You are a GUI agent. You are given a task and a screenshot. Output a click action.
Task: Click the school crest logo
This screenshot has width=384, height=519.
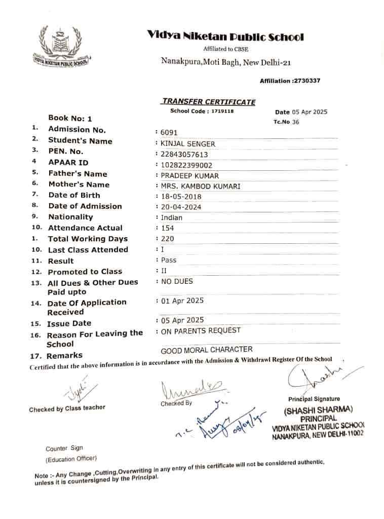pos(60,47)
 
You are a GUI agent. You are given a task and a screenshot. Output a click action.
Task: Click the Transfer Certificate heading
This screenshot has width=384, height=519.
pos(209,101)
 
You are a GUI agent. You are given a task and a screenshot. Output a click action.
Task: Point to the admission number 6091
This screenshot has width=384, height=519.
pos(169,132)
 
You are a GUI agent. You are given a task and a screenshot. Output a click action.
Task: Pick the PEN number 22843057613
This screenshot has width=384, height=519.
pos(184,155)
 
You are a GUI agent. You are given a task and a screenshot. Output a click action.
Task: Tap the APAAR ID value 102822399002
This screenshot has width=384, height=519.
pos(186,165)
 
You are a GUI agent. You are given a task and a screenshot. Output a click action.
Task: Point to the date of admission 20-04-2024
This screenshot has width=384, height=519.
pos(181,207)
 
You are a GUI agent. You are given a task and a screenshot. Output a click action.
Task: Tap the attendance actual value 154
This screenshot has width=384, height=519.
pos(167,228)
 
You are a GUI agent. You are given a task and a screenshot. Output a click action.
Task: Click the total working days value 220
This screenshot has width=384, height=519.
pos(167,239)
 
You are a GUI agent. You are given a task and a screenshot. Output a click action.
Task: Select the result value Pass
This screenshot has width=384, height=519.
pos(169,260)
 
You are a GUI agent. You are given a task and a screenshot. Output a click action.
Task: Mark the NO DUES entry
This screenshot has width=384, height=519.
pos(177,281)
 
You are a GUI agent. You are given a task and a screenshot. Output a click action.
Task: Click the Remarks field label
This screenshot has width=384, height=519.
pos(64,356)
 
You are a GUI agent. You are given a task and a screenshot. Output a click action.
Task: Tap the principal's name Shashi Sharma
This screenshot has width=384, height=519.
pos(318,410)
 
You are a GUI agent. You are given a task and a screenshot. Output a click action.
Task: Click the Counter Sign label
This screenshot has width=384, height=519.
pos(64,449)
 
